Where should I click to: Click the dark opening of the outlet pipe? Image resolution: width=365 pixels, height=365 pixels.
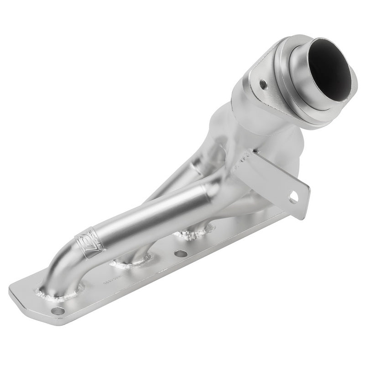pyautogui.click(x=329, y=73)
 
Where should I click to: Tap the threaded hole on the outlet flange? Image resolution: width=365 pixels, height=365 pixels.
pyautogui.click(x=263, y=84)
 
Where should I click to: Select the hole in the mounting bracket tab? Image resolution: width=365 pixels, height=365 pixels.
pyautogui.click(x=293, y=198)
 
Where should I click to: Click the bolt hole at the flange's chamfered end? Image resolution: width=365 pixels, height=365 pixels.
pyautogui.click(x=57, y=311)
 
